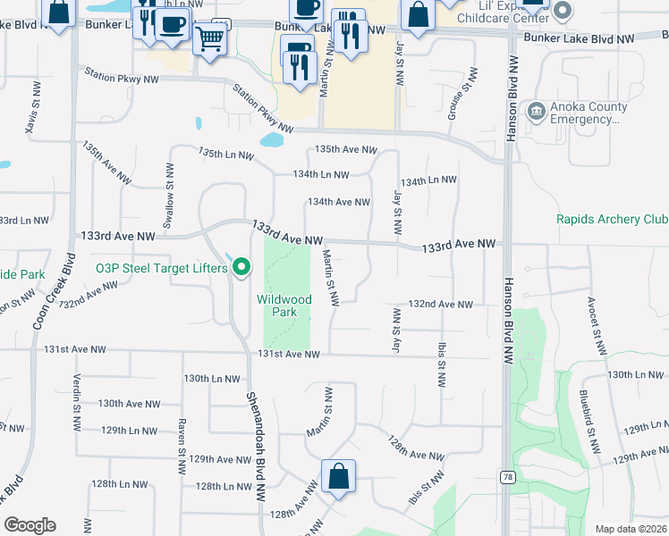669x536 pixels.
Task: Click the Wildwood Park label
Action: (284, 306)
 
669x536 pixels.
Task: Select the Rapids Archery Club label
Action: (612, 219)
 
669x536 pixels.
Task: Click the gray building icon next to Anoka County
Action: (536, 112)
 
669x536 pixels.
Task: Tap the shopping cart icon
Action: (209, 38)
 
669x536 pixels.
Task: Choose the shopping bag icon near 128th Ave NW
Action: (338, 475)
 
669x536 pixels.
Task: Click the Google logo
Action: (30, 525)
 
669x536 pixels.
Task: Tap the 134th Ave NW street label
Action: (339, 203)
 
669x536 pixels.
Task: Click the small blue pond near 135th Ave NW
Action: (271, 140)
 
